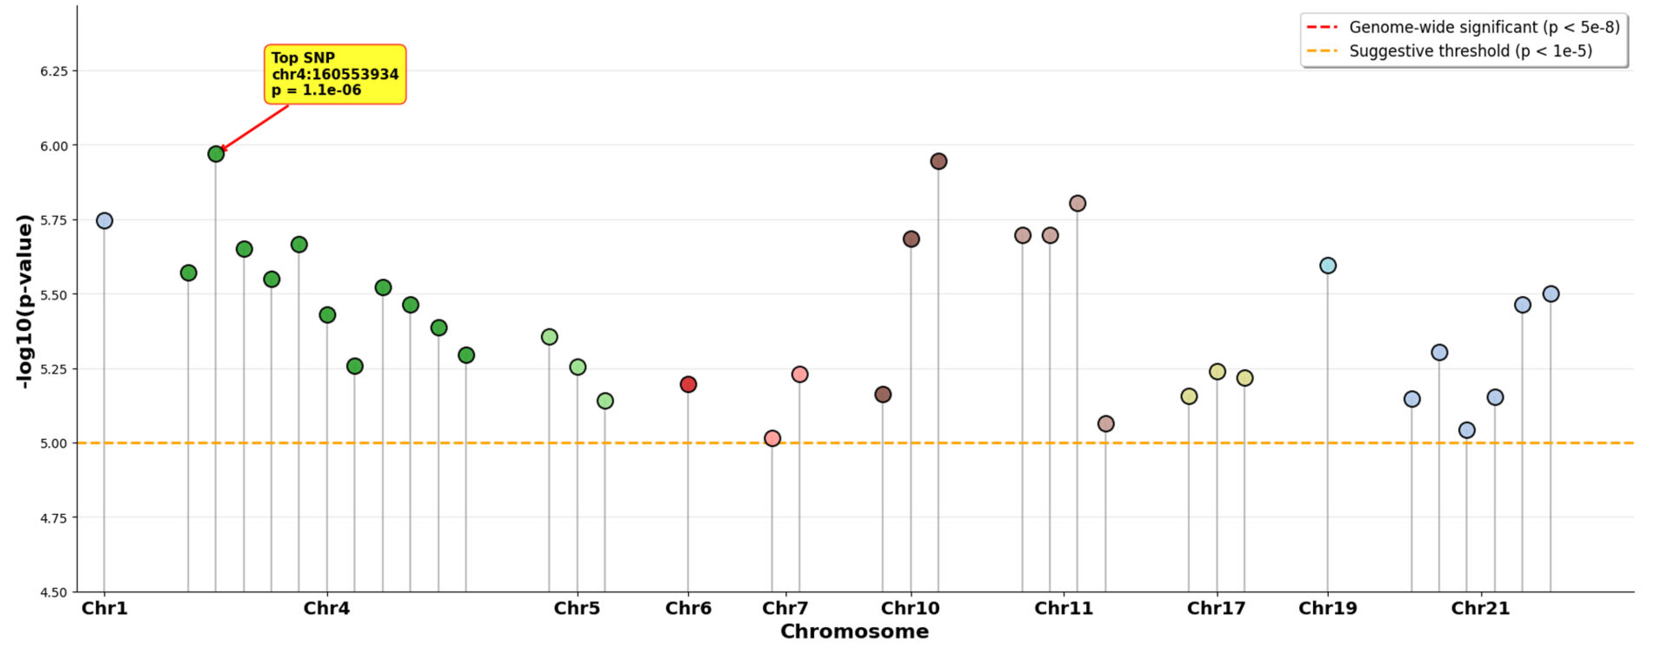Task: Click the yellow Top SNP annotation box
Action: coord(335,74)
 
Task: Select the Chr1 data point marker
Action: coord(104,220)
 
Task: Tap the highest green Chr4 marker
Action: coord(216,153)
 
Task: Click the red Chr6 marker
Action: coord(688,384)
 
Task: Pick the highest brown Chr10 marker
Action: coord(939,161)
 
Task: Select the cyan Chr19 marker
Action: coord(1328,265)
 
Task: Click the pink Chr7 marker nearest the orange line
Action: coord(772,438)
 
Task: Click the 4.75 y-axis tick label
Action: coord(54,518)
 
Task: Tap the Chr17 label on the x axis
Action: coord(1216,608)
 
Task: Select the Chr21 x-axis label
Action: coord(1480,608)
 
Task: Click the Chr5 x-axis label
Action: coord(577,608)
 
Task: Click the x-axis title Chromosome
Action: coord(854,631)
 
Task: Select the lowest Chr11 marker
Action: coord(1106,424)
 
